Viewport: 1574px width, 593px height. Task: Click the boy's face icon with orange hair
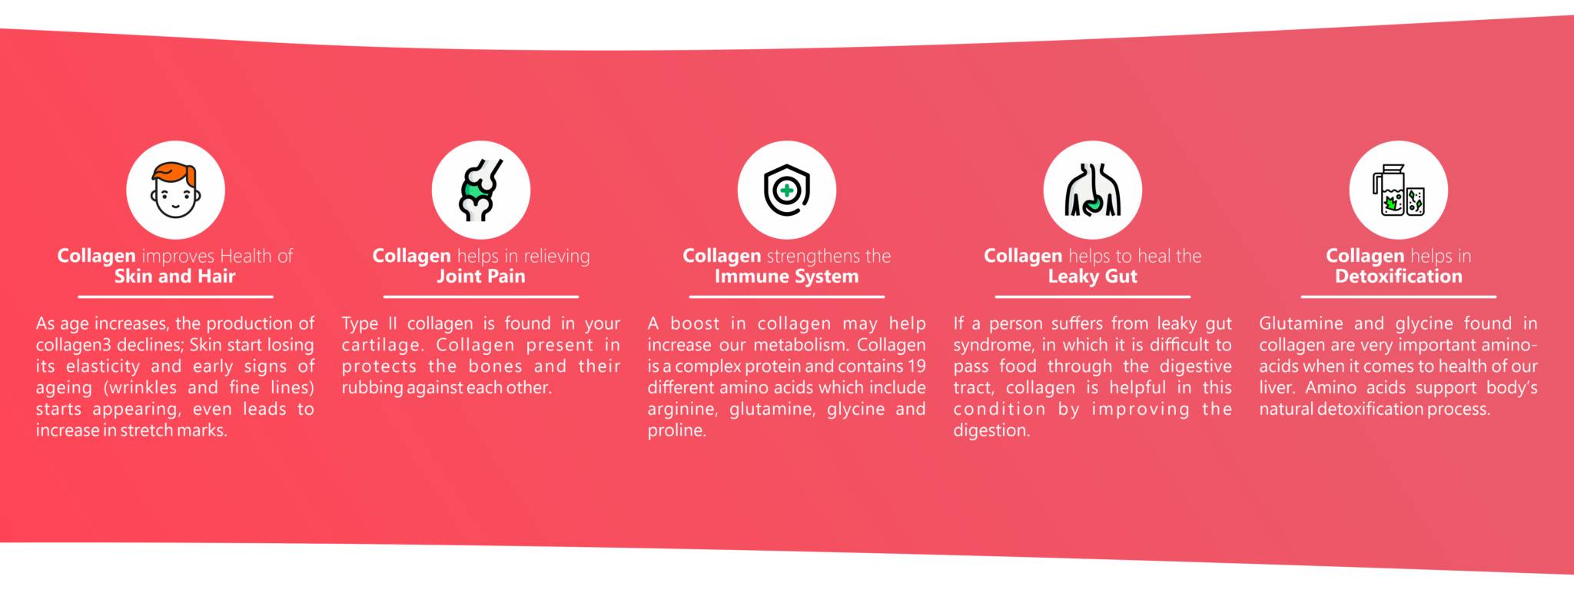pos(175,190)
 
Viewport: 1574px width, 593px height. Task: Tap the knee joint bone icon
pos(480,190)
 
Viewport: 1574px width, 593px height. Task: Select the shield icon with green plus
pos(786,190)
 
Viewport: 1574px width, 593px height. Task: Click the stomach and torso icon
pos(1092,190)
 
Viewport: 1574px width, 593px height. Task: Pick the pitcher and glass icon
pos(1398,190)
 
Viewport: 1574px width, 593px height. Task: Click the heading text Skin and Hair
pos(174,277)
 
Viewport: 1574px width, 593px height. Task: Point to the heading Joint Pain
pos(480,277)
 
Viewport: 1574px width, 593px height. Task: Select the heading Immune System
pos(786,277)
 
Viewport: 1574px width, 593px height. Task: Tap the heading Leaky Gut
pos(1092,277)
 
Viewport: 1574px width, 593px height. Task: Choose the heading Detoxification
pos(1398,277)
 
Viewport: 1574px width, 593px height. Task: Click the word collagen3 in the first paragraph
pos(74,346)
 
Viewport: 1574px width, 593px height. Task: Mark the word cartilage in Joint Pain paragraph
pos(382,346)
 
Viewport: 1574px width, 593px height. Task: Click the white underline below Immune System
pos(786,296)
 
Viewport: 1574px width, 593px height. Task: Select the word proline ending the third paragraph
pos(676,431)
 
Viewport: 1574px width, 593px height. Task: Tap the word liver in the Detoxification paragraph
pos(1276,388)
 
